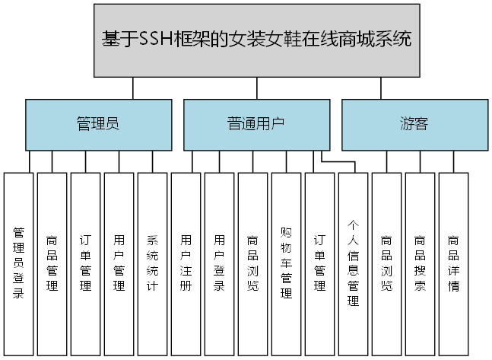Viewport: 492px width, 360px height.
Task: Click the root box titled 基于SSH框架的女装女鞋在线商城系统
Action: (x=257, y=40)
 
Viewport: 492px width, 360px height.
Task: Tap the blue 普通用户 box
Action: (x=256, y=124)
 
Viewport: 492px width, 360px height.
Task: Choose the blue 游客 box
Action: (x=414, y=124)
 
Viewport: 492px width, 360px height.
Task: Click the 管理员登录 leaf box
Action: (x=18, y=263)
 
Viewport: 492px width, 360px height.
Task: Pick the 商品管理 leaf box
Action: (x=52, y=263)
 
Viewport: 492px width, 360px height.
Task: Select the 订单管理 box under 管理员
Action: (x=85, y=263)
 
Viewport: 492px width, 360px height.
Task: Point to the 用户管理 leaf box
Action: (x=119, y=263)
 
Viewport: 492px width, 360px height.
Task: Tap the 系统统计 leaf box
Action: (x=152, y=263)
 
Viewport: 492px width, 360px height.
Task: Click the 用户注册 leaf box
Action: (x=186, y=263)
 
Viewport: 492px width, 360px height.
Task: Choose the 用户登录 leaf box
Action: (x=219, y=263)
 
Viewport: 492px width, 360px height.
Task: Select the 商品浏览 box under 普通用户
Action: (x=252, y=263)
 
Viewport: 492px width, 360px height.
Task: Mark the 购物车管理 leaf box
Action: (x=286, y=263)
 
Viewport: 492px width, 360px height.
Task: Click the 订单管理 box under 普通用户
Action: (x=319, y=263)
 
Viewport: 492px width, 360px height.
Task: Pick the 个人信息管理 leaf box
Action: (x=353, y=263)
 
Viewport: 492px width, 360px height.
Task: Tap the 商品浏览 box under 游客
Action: (x=386, y=263)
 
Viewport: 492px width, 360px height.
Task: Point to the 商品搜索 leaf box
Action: (x=420, y=263)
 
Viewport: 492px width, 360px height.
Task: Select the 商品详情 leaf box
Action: (x=453, y=263)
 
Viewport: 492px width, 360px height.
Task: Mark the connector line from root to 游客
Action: (x=380, y=88)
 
